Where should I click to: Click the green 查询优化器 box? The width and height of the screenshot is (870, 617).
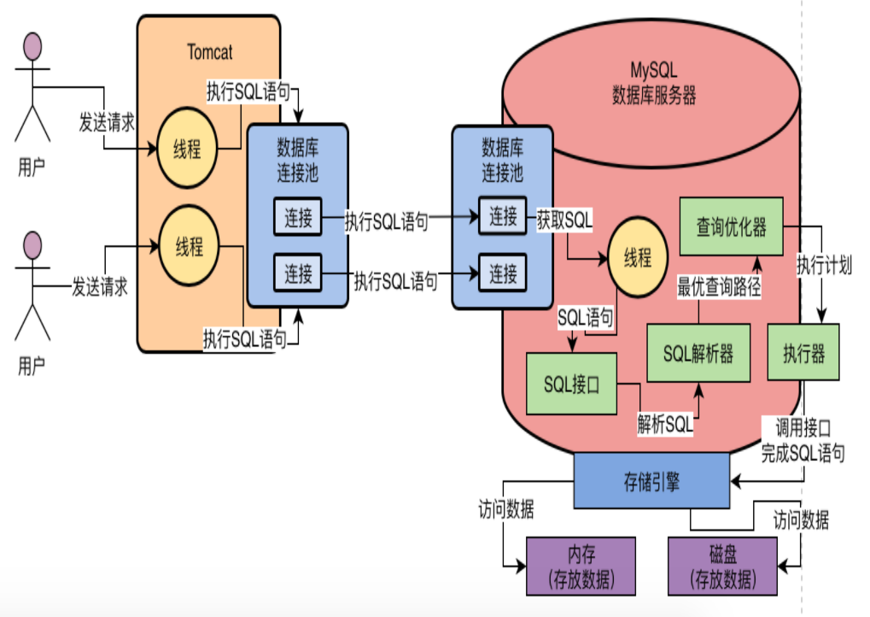point(731,226)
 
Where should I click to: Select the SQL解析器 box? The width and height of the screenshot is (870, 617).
point(698,353)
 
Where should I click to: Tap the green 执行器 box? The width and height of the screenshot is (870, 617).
point(803,353)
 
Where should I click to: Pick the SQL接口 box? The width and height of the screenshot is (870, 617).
point(571,384)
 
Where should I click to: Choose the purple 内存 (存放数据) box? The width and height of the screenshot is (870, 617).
point(581,567)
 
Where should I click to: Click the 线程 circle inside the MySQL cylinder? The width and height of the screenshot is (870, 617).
point(637,258)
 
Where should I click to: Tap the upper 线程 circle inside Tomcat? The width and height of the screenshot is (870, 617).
point(188,148)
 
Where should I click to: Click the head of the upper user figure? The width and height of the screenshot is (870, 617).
point(32,44)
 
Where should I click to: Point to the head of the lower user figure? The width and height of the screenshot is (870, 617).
point(32,244)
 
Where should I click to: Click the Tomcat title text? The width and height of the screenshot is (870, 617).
point(209,51)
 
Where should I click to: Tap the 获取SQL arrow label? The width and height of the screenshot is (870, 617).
point(564,218)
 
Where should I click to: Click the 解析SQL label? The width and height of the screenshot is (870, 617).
point(665,422)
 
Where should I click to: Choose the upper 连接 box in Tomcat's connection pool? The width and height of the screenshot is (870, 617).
point(298,218)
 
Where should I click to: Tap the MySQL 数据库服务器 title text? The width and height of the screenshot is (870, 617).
point(654,84)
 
